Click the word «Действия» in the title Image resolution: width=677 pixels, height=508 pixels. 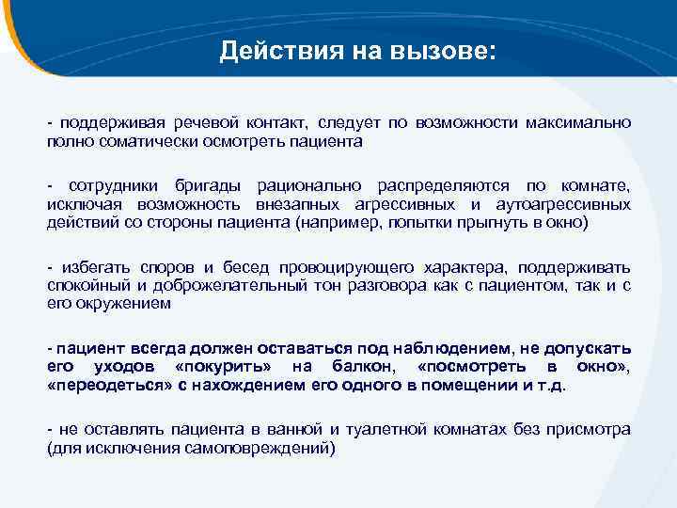pos(265,50)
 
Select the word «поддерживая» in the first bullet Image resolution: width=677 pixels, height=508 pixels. pos(106,122)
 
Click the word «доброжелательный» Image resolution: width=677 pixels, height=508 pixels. pos(198,285)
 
